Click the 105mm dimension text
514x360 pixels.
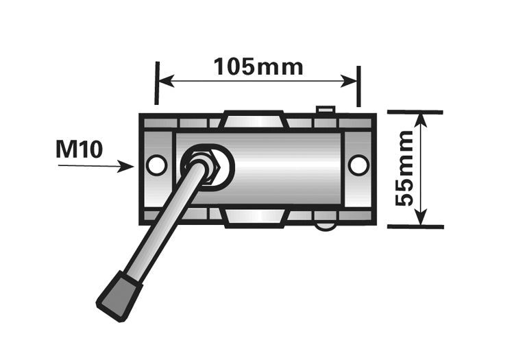click(258, 67)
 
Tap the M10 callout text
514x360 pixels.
click(79, 149)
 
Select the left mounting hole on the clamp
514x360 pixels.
click(157, 165)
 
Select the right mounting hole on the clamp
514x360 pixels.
click(358, 165)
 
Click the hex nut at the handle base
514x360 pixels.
click(203, 165)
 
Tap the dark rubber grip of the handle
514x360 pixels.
click(119, 294)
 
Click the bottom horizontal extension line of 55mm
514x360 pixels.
click(415, 226)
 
